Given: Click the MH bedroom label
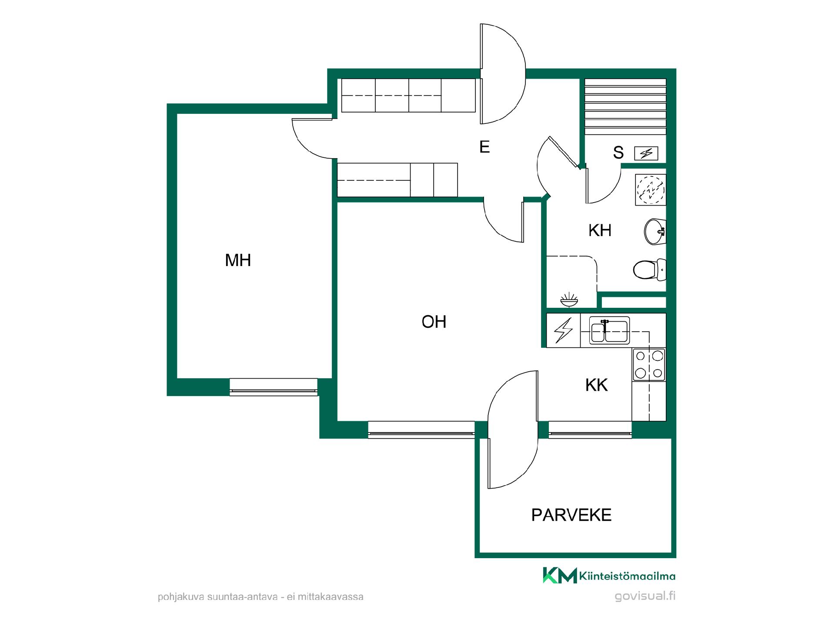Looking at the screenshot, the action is pos(238,260).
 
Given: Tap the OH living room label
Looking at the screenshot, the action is pos(434,322).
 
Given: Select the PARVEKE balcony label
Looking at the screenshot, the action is pos(571,515).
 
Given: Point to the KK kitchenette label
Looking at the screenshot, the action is pos(596,385).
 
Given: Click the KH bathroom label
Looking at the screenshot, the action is pos(600,230).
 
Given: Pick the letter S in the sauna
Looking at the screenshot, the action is pos(618,153).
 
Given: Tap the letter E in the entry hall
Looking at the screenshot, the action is pos(484,147).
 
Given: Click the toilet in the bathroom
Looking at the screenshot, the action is pos(649,270).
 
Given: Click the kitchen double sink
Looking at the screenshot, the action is pos(609,331).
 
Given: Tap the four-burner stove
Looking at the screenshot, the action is pos(649,365).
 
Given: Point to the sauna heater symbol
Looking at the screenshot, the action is pos(646,153).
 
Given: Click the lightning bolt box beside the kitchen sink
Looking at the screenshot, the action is pos(563,330).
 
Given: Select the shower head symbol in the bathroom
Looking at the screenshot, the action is pos(569,300).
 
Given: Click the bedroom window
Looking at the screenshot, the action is pos(274,386).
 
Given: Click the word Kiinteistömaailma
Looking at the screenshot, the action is pos(628,576).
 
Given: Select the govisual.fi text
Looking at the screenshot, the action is pos(645,596).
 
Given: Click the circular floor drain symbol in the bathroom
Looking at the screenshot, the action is pos(651,190).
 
